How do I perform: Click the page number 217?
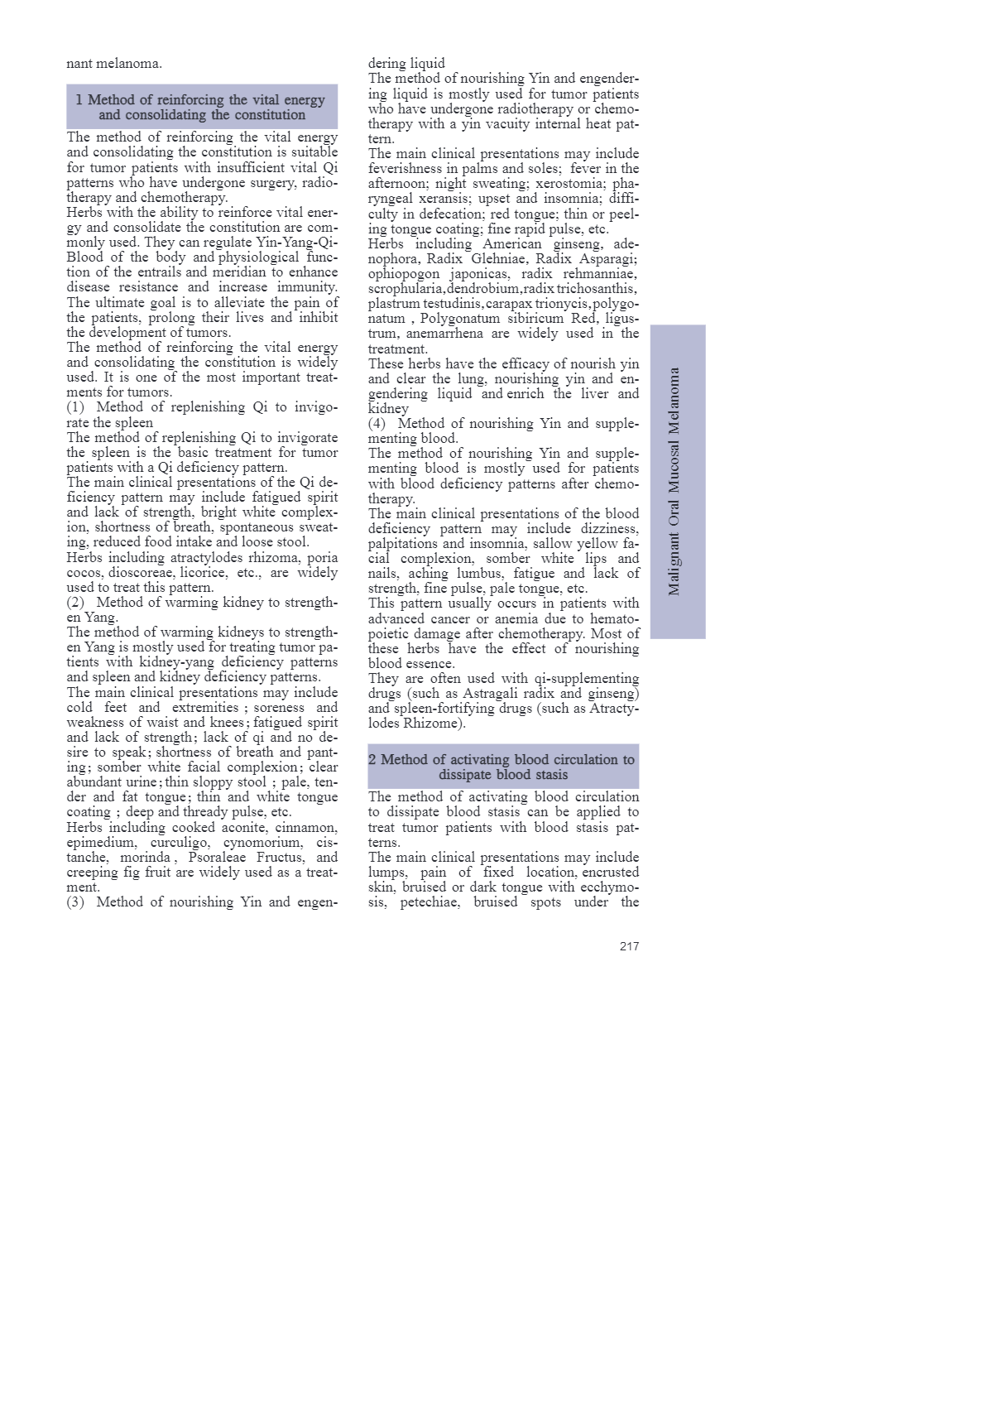(629, 946)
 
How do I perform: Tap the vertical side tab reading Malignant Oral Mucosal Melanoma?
(677, 481)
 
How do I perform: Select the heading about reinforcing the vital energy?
(201, 107)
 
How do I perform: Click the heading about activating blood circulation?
(503, 767)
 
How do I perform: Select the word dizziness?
(609, 529)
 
